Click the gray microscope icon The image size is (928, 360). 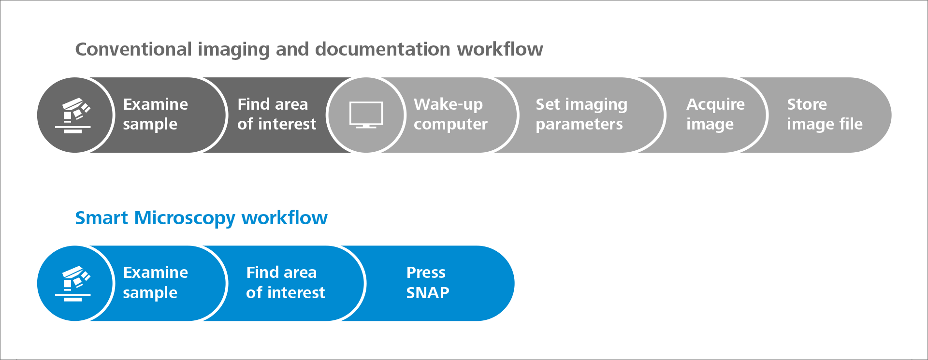click(x=73, y=115)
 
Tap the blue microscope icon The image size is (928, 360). click(x=73, y=284)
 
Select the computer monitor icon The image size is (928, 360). click(x=366, y=115)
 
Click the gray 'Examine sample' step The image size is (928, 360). click(x=155, y=115)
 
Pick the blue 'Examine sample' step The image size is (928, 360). click(x=155, y=283)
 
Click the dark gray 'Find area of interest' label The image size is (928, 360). click(x=276, y=114)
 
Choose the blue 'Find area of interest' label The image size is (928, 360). click(x=285, y=282)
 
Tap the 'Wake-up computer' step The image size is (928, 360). click(x=450, y=115)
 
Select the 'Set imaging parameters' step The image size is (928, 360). click(x=581, y=115)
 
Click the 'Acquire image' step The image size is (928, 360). click(x=715, y=115)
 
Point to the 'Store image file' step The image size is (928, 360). click(x=825, y=115)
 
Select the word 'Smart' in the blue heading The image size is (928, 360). click(x=101, y=218)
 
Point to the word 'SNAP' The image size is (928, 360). click(x=428, y=292)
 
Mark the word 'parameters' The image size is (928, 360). click(x=579, y=125)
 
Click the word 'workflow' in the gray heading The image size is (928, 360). click(x=500, y=49)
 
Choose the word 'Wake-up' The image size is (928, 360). click(x=448, y=105)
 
